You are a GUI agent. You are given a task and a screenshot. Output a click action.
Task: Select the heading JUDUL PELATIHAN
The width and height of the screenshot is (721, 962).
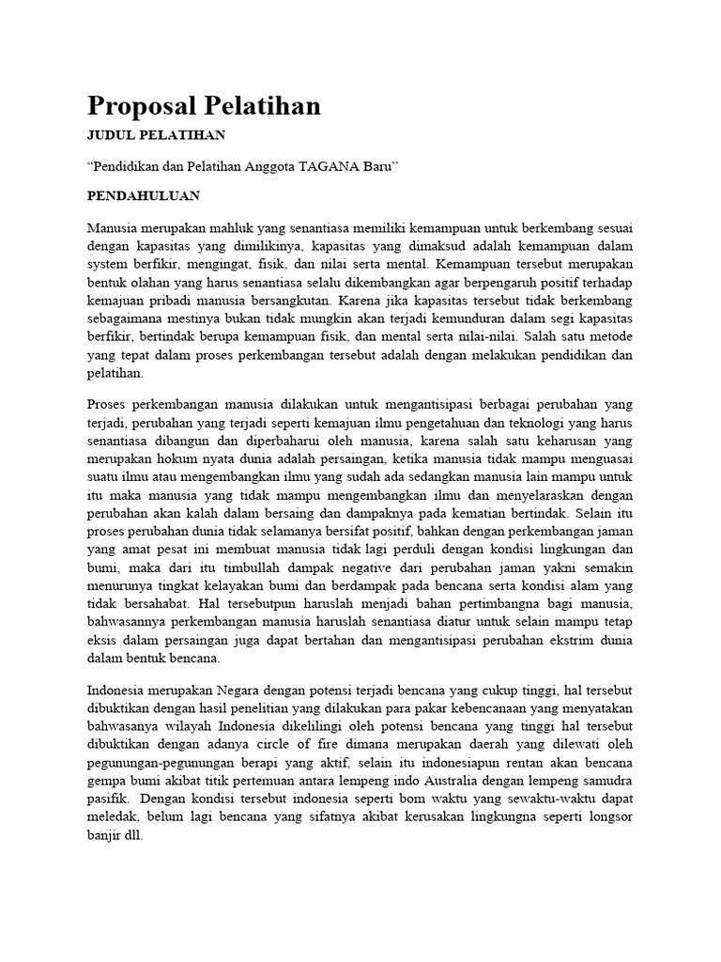tap(156, 134)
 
